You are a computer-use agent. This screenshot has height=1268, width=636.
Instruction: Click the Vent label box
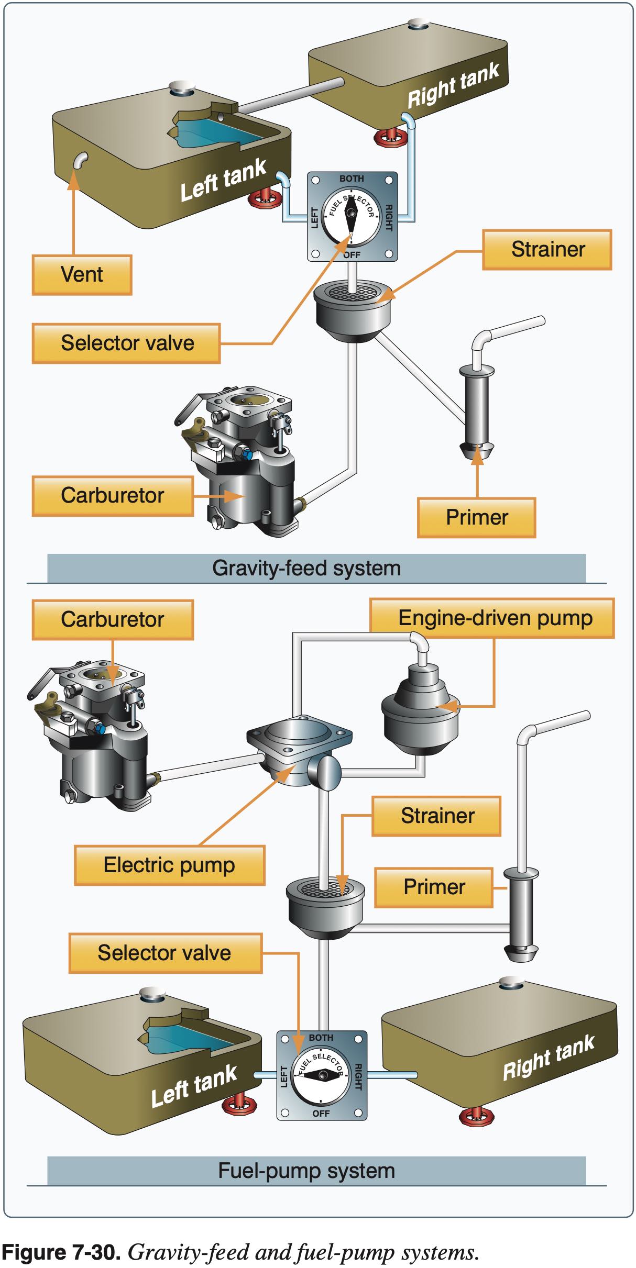tap(82, 275)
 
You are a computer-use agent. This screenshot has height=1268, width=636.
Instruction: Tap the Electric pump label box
tap(169, 865)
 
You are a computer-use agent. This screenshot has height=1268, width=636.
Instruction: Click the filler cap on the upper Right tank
tap(418, 24)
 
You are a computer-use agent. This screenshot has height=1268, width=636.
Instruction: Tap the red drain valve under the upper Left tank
tap(265, 198)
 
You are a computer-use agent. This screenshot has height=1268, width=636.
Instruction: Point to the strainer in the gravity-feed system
tap(353, 309)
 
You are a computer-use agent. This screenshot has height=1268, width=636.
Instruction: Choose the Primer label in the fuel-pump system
tap(434, 887)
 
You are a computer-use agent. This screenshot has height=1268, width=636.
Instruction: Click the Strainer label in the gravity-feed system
tap(547, 250)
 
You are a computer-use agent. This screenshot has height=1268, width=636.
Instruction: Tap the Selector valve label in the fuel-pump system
tap(165, 953)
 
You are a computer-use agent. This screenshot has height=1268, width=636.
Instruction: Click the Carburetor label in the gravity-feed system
tap(112, 496)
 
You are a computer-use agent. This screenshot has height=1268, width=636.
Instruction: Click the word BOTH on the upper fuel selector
tap(351, 179)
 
